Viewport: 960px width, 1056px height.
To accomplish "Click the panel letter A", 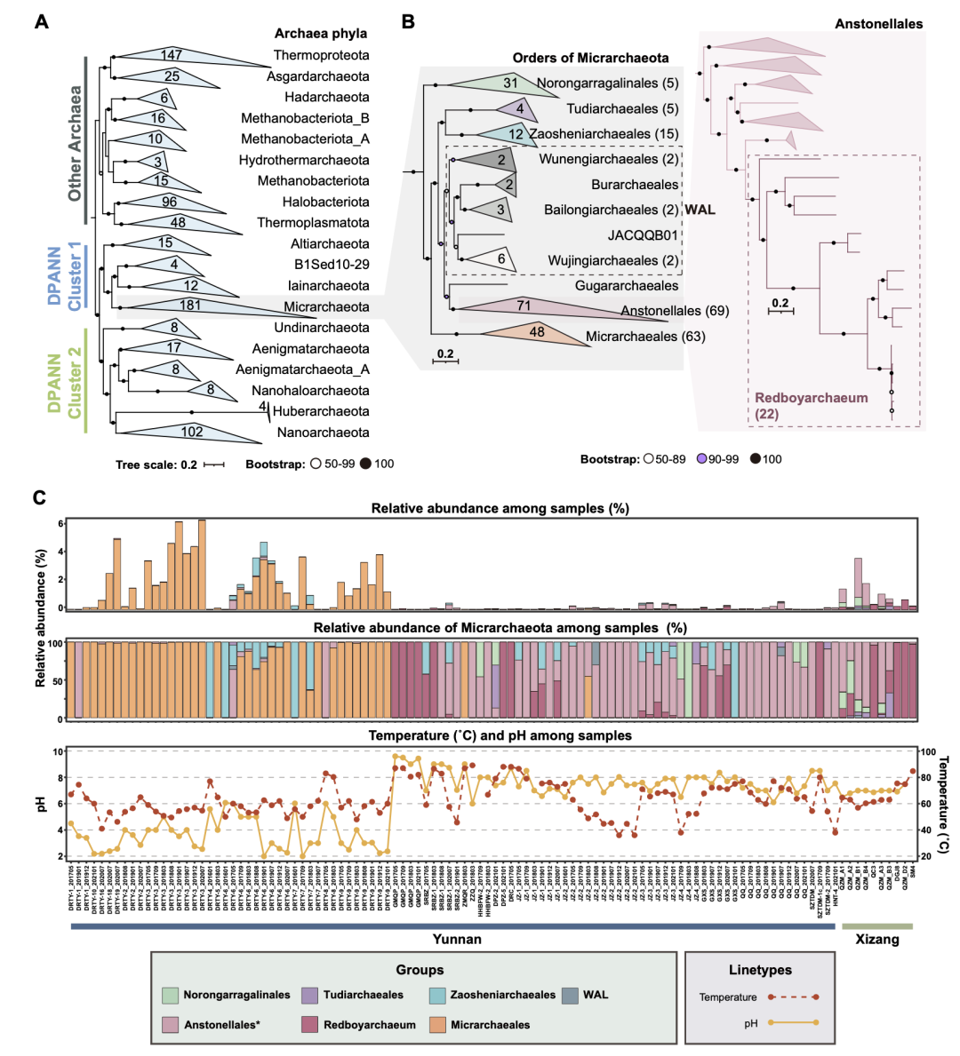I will pyautogui.click(x=42, y=21).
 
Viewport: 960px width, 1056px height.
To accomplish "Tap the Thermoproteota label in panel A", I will pyautogui.click(x=321, y=55).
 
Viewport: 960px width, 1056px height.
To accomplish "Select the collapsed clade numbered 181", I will pyautogui.click(x=191, y=306).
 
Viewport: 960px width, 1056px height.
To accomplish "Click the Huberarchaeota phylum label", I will pyautogui.click(x=321, y=411).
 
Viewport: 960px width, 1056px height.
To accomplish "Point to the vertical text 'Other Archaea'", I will pyautogui.click(x=76, y=143).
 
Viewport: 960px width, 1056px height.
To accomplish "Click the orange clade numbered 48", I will pyautogui.click(x=533, y=333).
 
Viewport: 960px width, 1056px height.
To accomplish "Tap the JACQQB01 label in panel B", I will pyautogui.click(x=643, y=235).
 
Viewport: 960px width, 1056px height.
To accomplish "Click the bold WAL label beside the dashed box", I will pyautogui.click(x=700, y=210).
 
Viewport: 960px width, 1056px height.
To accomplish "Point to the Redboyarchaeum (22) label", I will pyautogui.click(x=811, y=406).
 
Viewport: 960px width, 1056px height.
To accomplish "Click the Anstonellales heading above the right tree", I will pyautogui.click(x=878, y=24).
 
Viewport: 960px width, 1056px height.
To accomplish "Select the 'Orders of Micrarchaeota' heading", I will pyautogui.click(x=590, y=58).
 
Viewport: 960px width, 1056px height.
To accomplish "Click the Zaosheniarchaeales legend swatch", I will pyautogui.click(x=436, y=995).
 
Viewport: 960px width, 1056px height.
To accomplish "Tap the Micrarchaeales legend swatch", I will pyautogui.click(x=436, y=1024).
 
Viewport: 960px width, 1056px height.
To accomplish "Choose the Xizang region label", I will pyautogui.click(x=876, y=939).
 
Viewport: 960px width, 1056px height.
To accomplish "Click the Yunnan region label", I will pyautogui.click(x=457, y=939).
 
